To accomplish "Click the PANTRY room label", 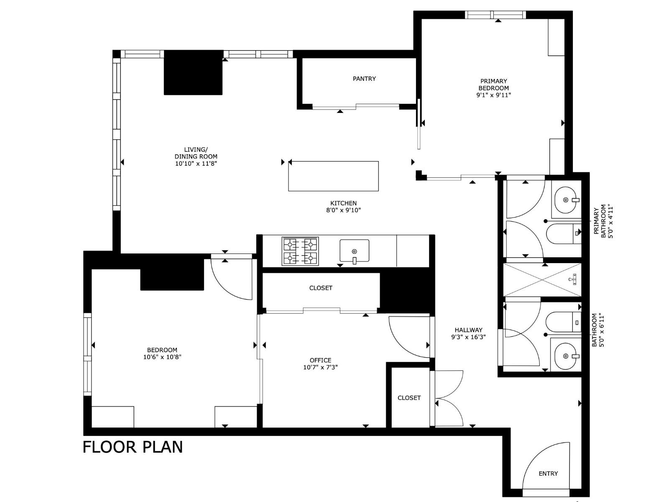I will pyautogui.click(x=364, y=79).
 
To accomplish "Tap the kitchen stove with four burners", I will pyautogui.click(x=300, y=251).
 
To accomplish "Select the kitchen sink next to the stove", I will pyautogui.click(x=354, y=251).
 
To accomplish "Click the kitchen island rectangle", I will pyautogui.click(x=333, y=176).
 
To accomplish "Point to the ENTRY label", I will pyautogui.click(x=548, y=474).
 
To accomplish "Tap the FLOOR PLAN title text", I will pyautogui.click(x=133, y=447).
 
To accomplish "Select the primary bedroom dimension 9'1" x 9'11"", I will pyautogui.click(x=493, y=95).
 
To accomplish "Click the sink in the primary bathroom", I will pyautogui.click(x=567, y=200).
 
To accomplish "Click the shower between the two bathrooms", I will pyautogui.click(x=542, y=280).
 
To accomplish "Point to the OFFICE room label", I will pyautogui.click(x=320, y=360).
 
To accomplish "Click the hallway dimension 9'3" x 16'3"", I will pyautogui.click(x=468, y=337).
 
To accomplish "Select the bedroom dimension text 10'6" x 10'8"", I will pyautogui.click(x=162, y=357).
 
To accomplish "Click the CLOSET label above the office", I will pyautogui.click(x=321, y=288).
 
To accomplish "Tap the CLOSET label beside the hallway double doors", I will pyautogui.click(x=409, y=398).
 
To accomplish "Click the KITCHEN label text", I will pyautogui.click(x=343, y=203).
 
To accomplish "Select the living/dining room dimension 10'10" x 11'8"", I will pyautogui.click(x=196, y=164).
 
